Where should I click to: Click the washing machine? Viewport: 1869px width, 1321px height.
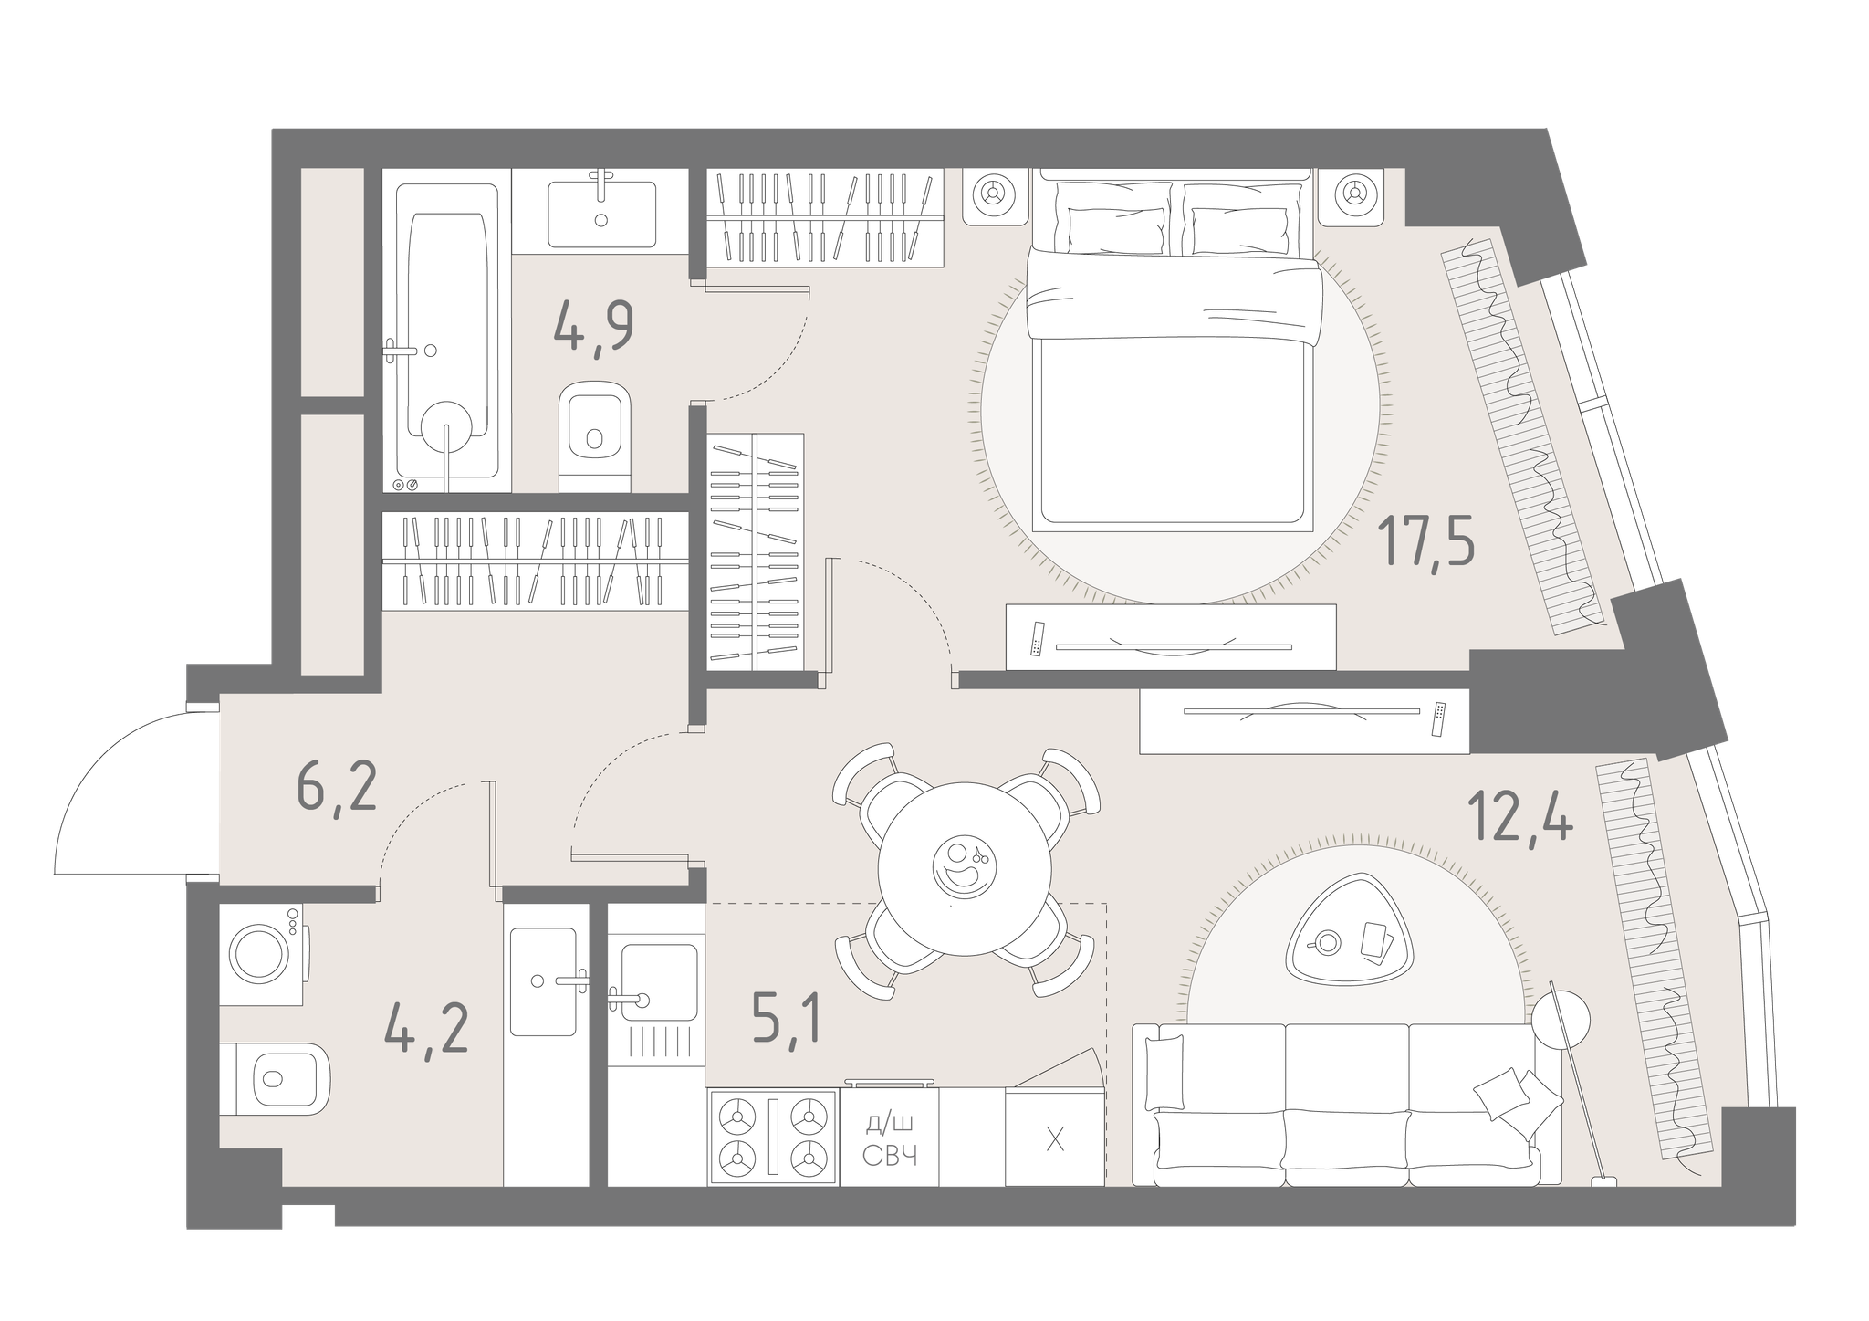coord(264,954)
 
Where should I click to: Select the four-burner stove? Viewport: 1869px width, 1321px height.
coord(773,1138)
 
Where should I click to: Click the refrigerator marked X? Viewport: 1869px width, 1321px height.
coord(1055,1137)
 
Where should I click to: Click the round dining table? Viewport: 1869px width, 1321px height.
coord(964,868)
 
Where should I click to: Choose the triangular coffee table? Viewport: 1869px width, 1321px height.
coord(1349,938)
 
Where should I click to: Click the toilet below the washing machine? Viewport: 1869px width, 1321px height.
coord(275,1078)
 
